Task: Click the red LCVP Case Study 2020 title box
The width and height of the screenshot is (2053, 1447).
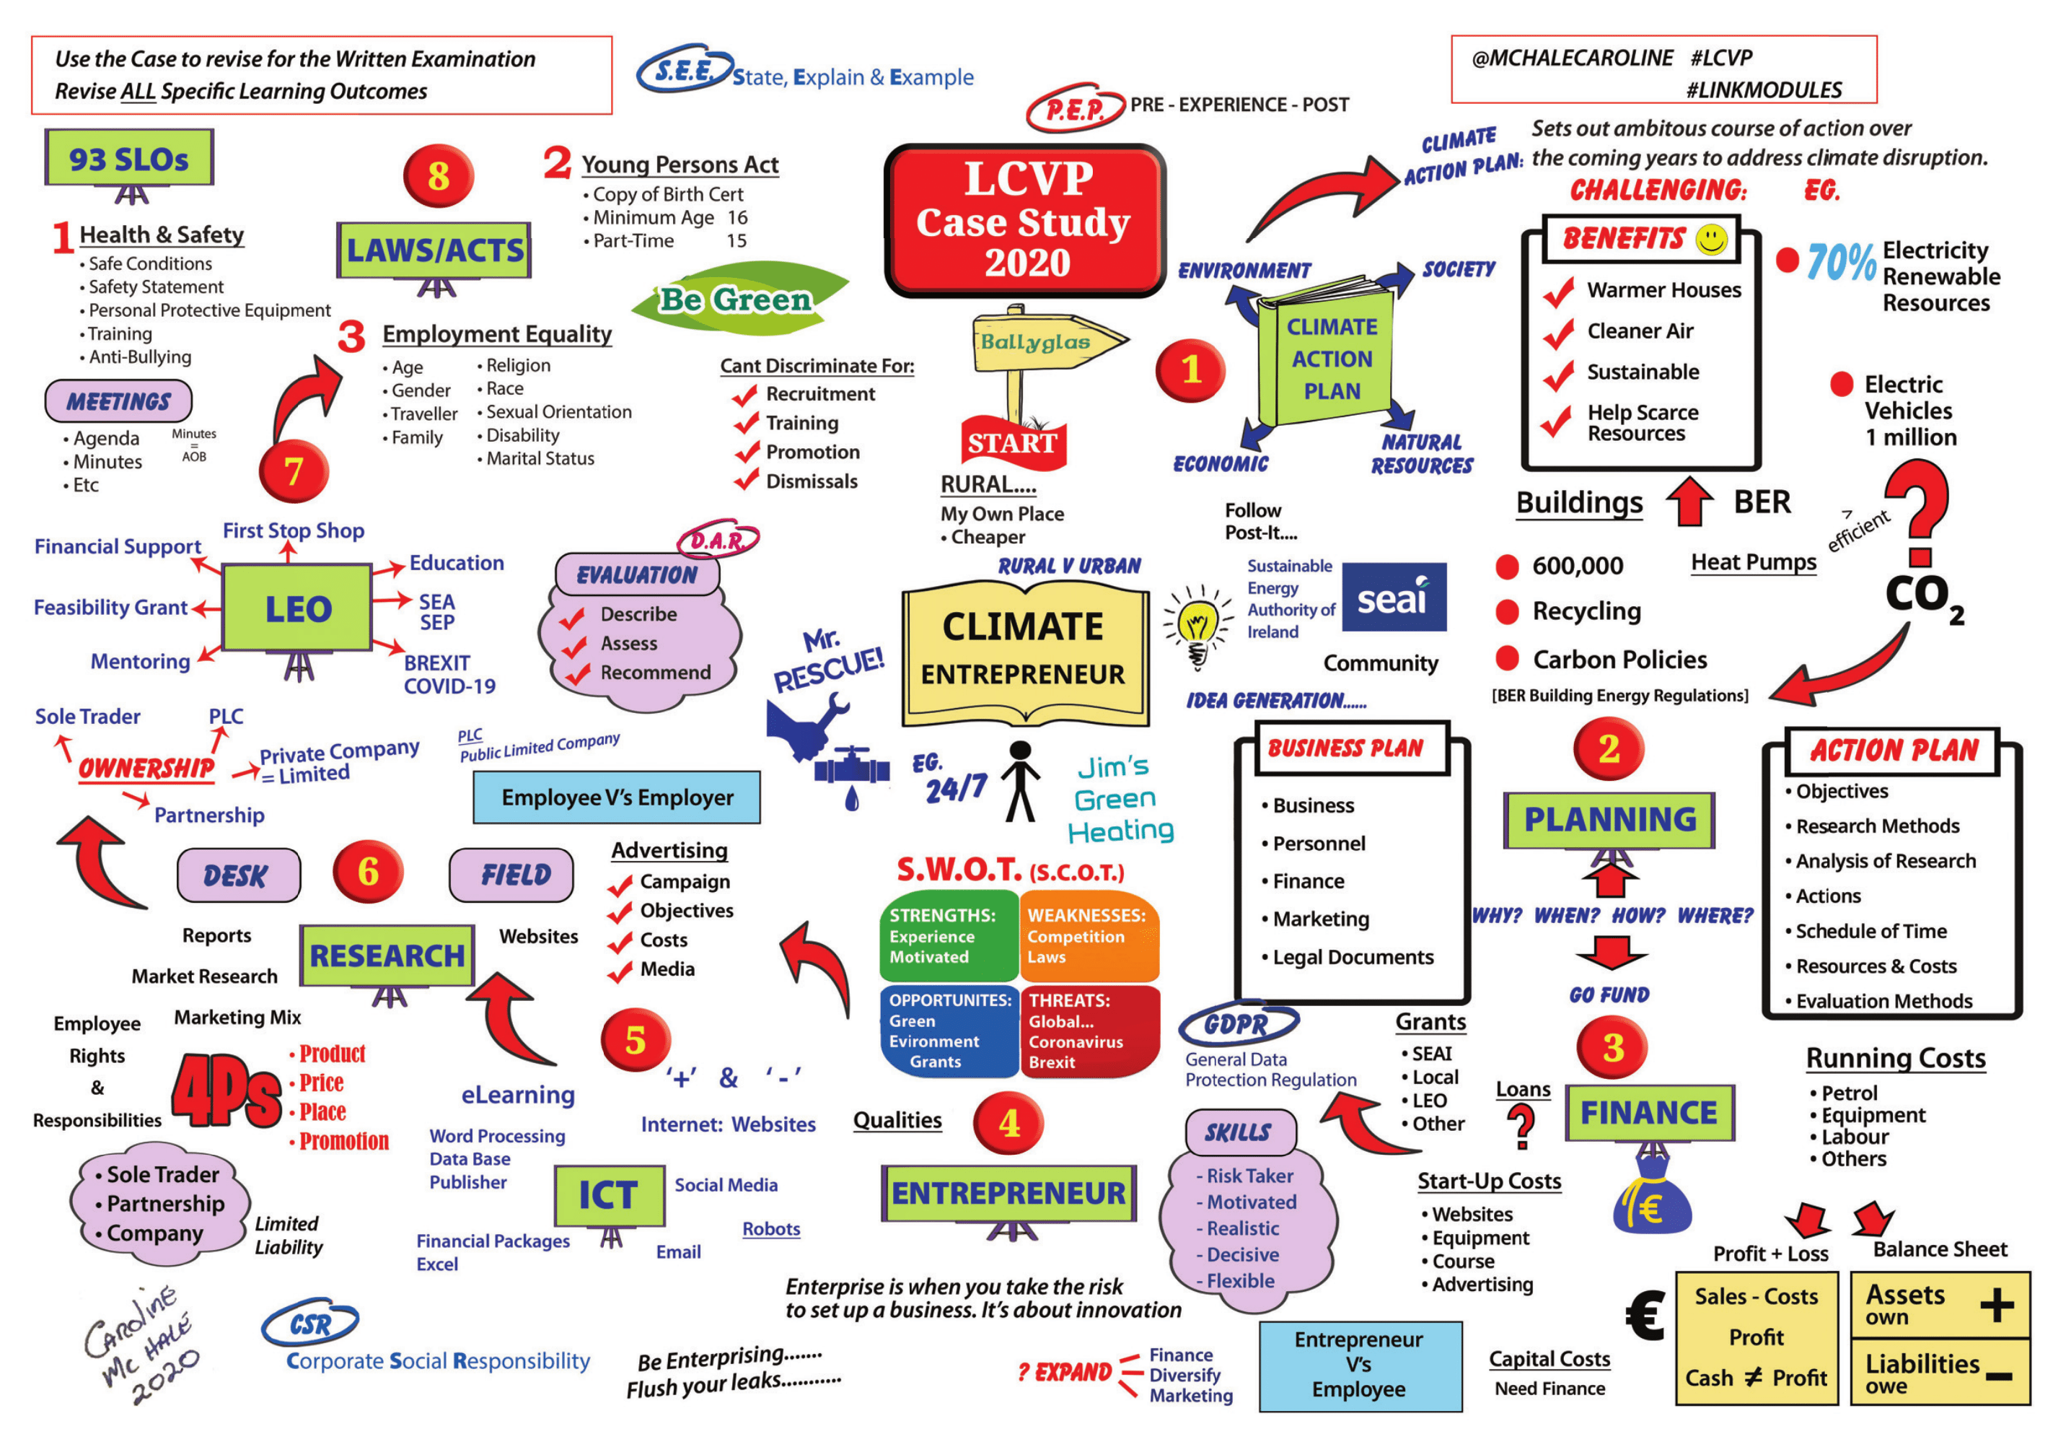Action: pos(1025,220)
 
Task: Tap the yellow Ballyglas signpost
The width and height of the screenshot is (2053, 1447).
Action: pos(1037,341)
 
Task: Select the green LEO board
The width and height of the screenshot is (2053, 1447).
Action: pos(297,608)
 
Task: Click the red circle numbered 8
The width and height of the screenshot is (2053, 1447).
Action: pos(437,176)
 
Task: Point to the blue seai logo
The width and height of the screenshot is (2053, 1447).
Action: pos(1393,597)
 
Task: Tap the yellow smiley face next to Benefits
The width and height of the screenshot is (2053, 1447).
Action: pos(1711,239)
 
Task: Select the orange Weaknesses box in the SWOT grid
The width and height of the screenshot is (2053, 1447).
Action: pos(1089,935)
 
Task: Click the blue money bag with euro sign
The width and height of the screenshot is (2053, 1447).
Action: pos(1651,1201)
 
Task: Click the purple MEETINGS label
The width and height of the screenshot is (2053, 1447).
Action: pos(118,401)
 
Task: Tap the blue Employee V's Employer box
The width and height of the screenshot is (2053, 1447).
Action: pos(616,797)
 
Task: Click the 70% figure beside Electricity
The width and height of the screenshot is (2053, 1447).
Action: pos(1840,262)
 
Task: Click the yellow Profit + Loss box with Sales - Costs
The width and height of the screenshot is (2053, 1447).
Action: pos(1755,1337)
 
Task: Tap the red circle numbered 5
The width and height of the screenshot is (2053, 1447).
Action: pos(635,1040)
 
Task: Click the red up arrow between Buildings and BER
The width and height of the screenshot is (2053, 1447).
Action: pos(1689,502)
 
